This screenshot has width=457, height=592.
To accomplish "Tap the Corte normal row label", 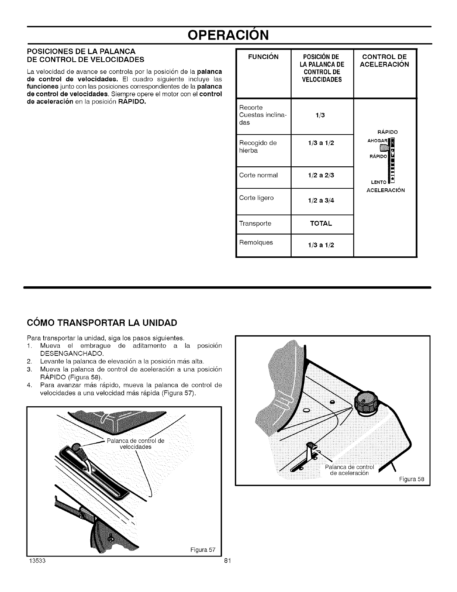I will [x=258, y=175].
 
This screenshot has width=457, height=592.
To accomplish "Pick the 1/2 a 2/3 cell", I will [x=321, y=175].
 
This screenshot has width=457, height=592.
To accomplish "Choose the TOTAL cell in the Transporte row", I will [x=321, y=223].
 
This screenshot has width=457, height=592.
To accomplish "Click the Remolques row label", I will [x=256, y=242].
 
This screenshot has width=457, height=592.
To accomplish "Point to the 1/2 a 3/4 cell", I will [x=321, y=200].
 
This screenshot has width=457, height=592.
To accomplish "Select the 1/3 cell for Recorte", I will [x=320, y=115].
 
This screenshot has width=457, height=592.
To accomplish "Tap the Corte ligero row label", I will [x=257, y=198].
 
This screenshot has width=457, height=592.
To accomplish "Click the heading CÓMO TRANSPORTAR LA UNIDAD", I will [x=101, y=323].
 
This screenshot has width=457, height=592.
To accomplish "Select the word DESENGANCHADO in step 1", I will [x=67, y=353].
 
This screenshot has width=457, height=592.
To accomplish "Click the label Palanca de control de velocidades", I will [x=136, y=444].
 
